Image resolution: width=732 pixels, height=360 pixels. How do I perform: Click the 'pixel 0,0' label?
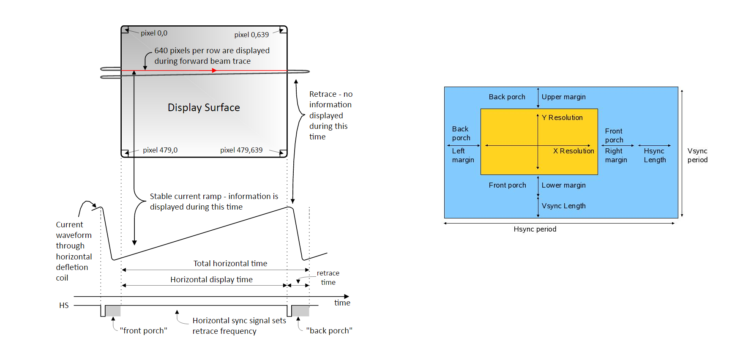154,33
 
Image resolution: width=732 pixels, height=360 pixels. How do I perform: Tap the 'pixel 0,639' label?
251,35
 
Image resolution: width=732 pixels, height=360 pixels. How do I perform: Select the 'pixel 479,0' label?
160,150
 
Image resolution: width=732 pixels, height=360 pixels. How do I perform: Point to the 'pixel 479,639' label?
241,150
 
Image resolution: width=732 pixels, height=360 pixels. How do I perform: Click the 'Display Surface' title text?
204,108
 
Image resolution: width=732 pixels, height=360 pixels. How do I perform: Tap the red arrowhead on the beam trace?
214,71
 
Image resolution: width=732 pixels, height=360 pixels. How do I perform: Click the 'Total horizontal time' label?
230,264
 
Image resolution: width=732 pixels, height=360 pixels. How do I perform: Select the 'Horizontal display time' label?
211,280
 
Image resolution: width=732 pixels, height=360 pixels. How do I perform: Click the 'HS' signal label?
64,305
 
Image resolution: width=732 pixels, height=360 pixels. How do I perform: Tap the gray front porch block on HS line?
113,311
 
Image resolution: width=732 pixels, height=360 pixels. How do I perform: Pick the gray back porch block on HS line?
300,311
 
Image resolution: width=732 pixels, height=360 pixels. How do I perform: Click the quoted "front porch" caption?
143,331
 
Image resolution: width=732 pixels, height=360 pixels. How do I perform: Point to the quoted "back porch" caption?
329,331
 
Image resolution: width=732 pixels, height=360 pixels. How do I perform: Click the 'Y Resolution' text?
562,117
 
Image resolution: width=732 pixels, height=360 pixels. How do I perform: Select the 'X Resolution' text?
574,151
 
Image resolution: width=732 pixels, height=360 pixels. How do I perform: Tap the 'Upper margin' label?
564,97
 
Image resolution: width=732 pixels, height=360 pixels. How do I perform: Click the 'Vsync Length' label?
564,206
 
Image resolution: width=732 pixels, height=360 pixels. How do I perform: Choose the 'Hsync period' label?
535,229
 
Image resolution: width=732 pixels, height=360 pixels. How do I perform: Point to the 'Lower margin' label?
564,185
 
